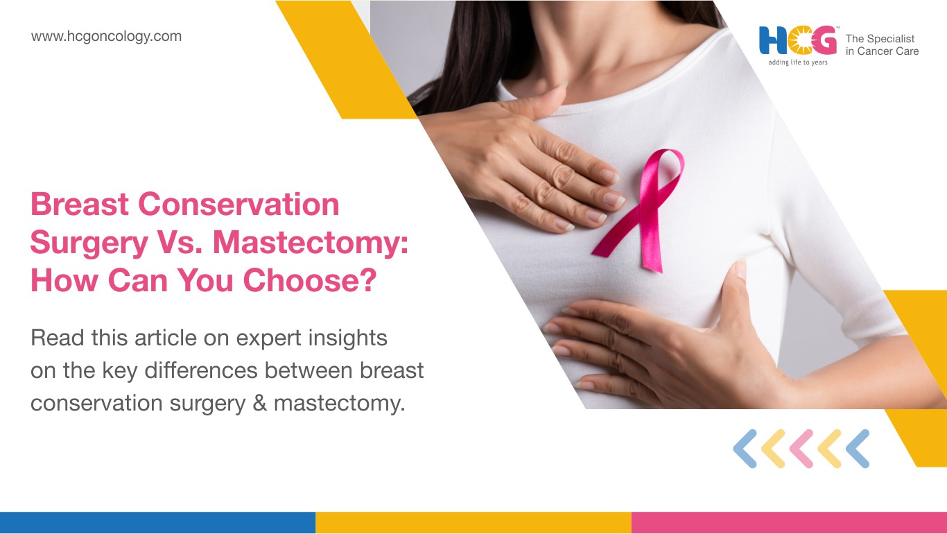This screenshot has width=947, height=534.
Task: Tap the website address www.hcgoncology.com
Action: point(106,37)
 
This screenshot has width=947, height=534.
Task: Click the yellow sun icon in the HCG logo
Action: point(799,41)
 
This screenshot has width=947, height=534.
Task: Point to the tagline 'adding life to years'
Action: point(798,62)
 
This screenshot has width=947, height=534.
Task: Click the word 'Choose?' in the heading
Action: point(310,280)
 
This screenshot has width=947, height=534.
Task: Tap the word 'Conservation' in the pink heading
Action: point(238,204)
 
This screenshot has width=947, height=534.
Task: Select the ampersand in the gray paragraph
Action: point(260,403)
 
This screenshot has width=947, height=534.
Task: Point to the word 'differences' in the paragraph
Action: point(201,370)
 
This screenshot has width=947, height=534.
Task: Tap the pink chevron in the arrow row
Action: point(801,449)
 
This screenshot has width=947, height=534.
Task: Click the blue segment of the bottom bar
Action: point(157,523)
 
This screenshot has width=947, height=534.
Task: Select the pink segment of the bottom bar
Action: point(790,523)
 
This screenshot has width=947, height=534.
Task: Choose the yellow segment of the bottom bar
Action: point(473,523)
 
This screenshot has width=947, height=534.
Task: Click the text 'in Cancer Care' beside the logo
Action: point(882,51)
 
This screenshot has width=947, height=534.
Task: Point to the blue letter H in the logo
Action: point(773,41)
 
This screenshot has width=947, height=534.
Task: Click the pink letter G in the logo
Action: point(824,41)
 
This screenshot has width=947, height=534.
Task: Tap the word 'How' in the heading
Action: point(64,280)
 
